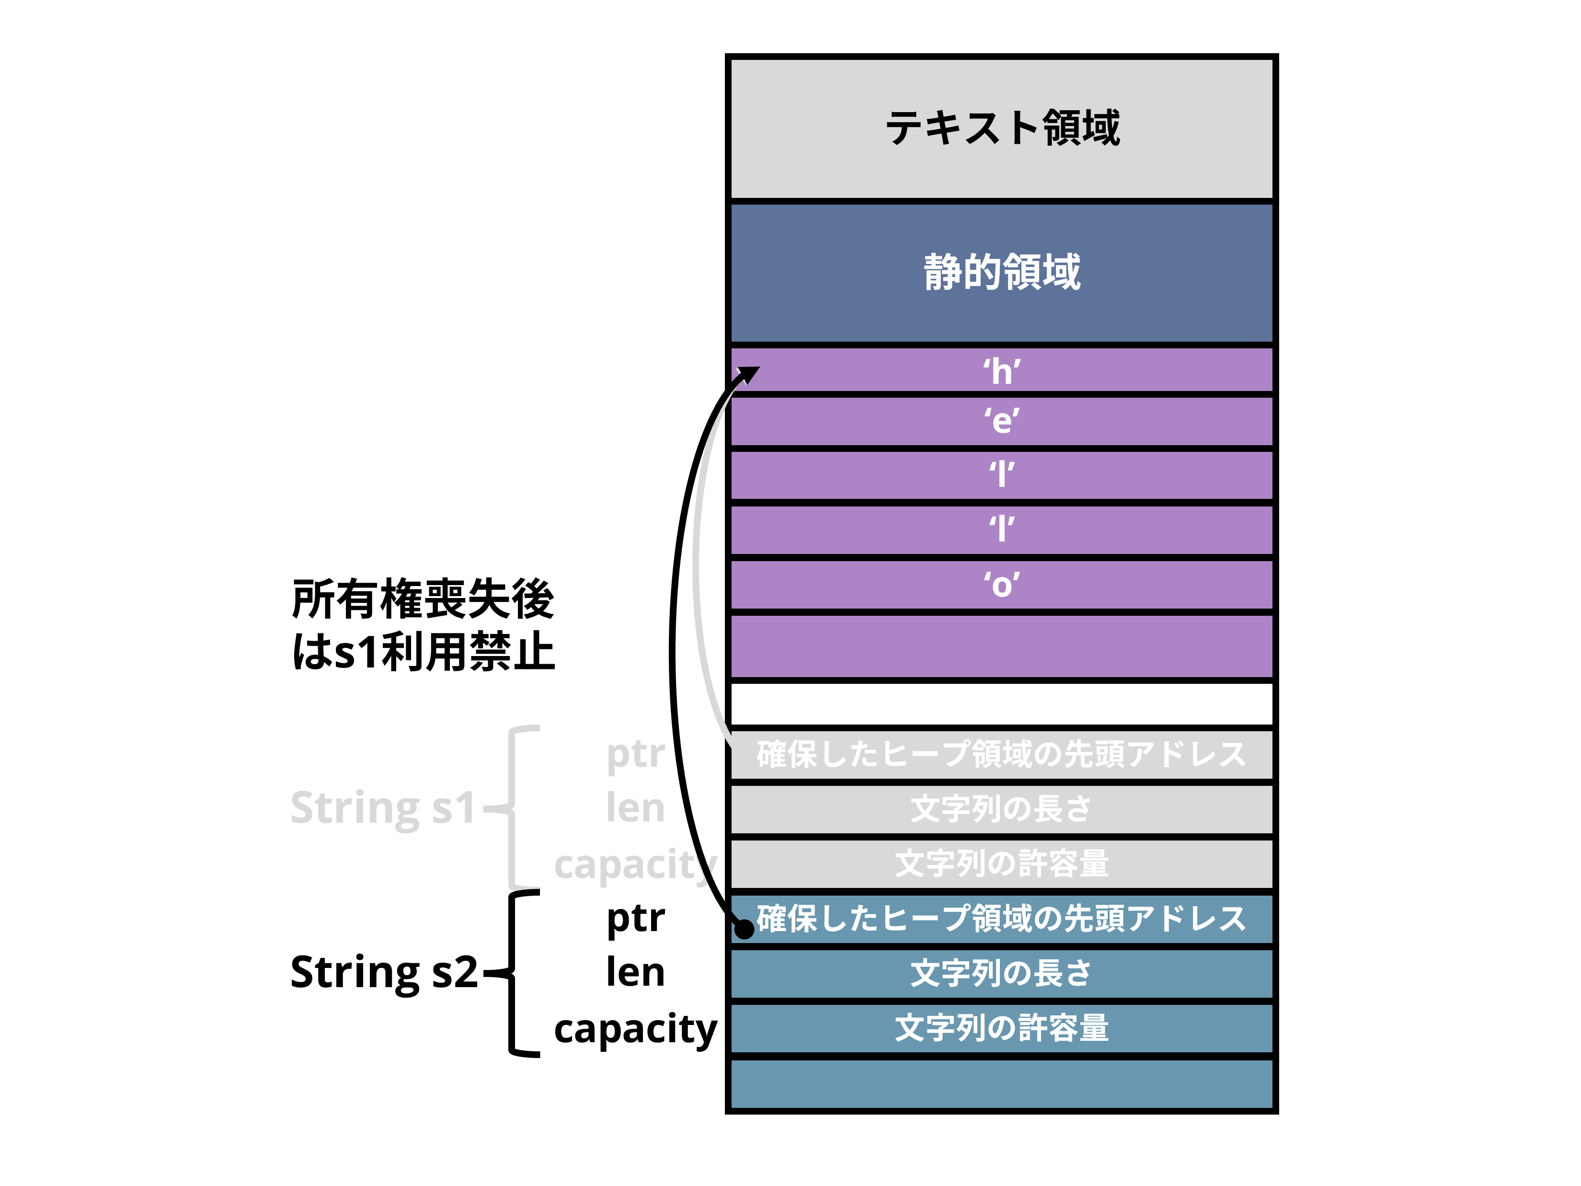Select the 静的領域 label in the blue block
1002,272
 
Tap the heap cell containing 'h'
1002,371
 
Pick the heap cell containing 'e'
1002,421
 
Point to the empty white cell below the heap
1002,703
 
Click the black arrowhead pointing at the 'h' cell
750,374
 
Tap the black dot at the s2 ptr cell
744,929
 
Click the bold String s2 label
383,972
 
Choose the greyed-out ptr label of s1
635,754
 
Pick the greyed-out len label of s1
635,808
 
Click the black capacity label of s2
635,1029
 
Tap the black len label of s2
635,972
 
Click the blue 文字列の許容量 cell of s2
1002,1028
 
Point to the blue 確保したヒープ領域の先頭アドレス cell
1002,919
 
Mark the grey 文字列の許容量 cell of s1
1002,864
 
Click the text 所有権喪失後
423,599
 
